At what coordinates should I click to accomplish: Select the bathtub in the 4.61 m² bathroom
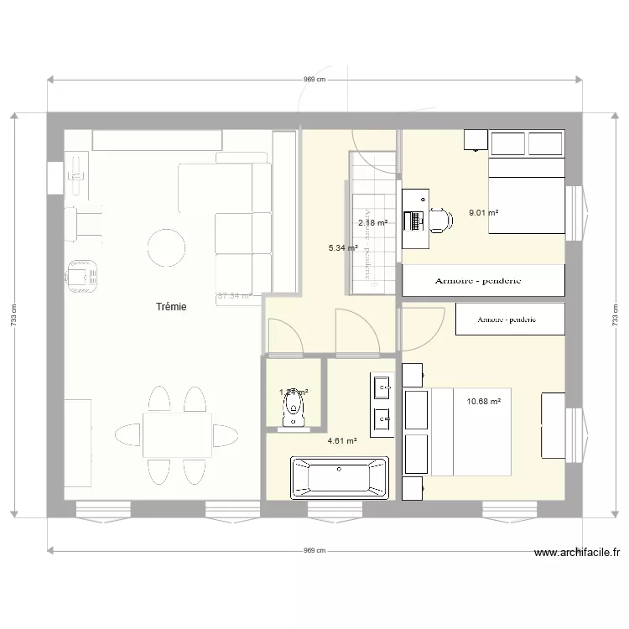(339, 478)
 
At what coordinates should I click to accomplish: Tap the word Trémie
(171, 308)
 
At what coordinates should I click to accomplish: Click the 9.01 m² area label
(484, 213)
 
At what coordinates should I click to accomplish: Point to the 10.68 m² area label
(483, 402)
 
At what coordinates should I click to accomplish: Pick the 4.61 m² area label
(342, 440)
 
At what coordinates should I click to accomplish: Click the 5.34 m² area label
(342, 248)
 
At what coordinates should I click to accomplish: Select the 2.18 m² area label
(372, 223)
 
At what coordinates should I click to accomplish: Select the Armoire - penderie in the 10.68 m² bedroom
(507, 320)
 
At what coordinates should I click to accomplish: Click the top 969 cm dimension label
(314, 80)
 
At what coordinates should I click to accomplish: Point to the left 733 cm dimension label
(13, 315)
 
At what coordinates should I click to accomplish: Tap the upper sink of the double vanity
(381, 387)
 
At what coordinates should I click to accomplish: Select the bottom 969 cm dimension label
(314, 551)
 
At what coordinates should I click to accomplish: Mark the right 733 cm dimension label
(615, 315)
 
